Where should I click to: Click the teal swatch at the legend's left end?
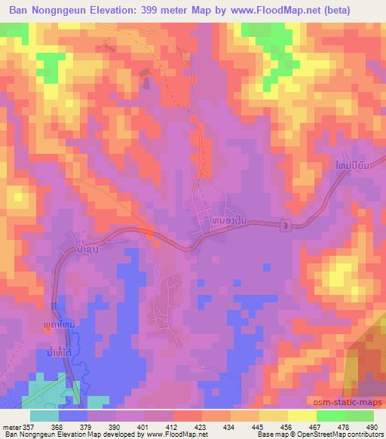[44, 416]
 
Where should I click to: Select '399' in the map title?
[160, 10]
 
